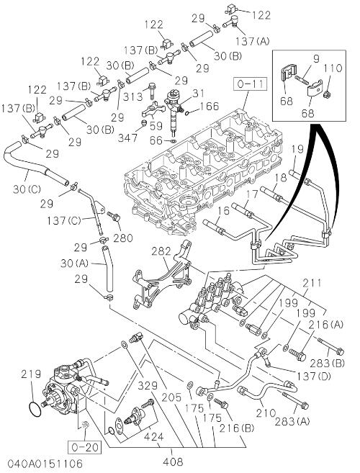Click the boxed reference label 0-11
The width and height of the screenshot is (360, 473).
(x=250, y=84)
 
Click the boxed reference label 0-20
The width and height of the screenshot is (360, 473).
(x=85, y=447)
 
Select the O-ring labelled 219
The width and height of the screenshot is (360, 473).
(x=35, y=409)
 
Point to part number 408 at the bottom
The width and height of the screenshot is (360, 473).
(x=172, y=461)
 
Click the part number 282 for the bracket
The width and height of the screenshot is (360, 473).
(x=161, y=251)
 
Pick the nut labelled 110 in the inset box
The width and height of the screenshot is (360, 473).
(x=326, y=95)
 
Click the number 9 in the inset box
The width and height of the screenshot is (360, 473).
(x=316, y=58)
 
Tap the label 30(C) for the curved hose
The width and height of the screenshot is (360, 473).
(x=27, y=189)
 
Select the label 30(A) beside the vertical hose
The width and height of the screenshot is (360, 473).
(x=74, y=263)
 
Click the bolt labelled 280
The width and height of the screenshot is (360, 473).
(x=114, y=217)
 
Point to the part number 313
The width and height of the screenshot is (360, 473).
(x=132, y=97)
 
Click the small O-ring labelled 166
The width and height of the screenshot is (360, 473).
(x=186, y=113)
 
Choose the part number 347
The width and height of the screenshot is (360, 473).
(x=127, y=138)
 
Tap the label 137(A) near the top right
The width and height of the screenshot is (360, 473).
(x=252, y=41)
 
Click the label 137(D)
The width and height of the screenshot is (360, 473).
(x=314, y=376)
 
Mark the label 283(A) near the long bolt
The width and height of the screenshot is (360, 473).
(x=292, y=421)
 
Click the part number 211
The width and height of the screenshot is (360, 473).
(x=312, y=283)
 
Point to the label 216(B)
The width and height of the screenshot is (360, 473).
(x=237, y=428)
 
